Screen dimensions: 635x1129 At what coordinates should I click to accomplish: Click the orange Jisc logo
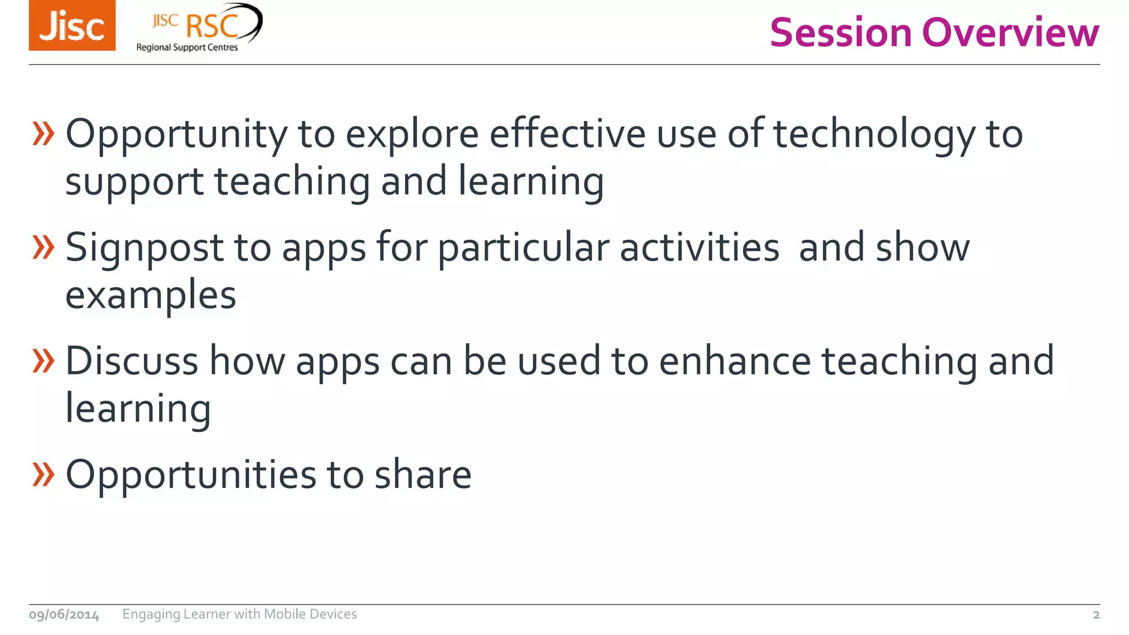(x=72, y=25)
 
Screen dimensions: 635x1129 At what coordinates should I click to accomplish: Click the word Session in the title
(x=841, y=33)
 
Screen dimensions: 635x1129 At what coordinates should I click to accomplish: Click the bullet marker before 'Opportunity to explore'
(x=44, y=134)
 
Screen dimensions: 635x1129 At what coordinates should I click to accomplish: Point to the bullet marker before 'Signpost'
(x=44, y=247)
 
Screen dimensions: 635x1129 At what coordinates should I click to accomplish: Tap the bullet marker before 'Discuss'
(x=44, y=361)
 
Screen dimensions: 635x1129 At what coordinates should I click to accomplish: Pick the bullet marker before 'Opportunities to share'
(x=44, y=475)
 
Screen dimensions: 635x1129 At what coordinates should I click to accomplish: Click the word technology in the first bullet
(x=874, y=134)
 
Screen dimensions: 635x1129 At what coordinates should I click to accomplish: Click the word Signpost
(x=144, y=249)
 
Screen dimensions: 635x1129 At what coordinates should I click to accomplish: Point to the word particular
(x=523, y=249)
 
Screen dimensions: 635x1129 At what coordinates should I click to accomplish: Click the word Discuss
(x=132, y=362)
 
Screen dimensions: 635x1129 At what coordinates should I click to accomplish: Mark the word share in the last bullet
(x=423, y=475)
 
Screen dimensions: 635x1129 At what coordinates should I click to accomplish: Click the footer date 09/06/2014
(x=64, y=615)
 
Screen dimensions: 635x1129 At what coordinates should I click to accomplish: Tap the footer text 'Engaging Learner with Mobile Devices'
(x=239, y=614)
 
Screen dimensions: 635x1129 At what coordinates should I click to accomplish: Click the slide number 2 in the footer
(x=1096, y=615)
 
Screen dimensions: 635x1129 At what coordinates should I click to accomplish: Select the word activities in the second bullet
(x=699, y=248)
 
